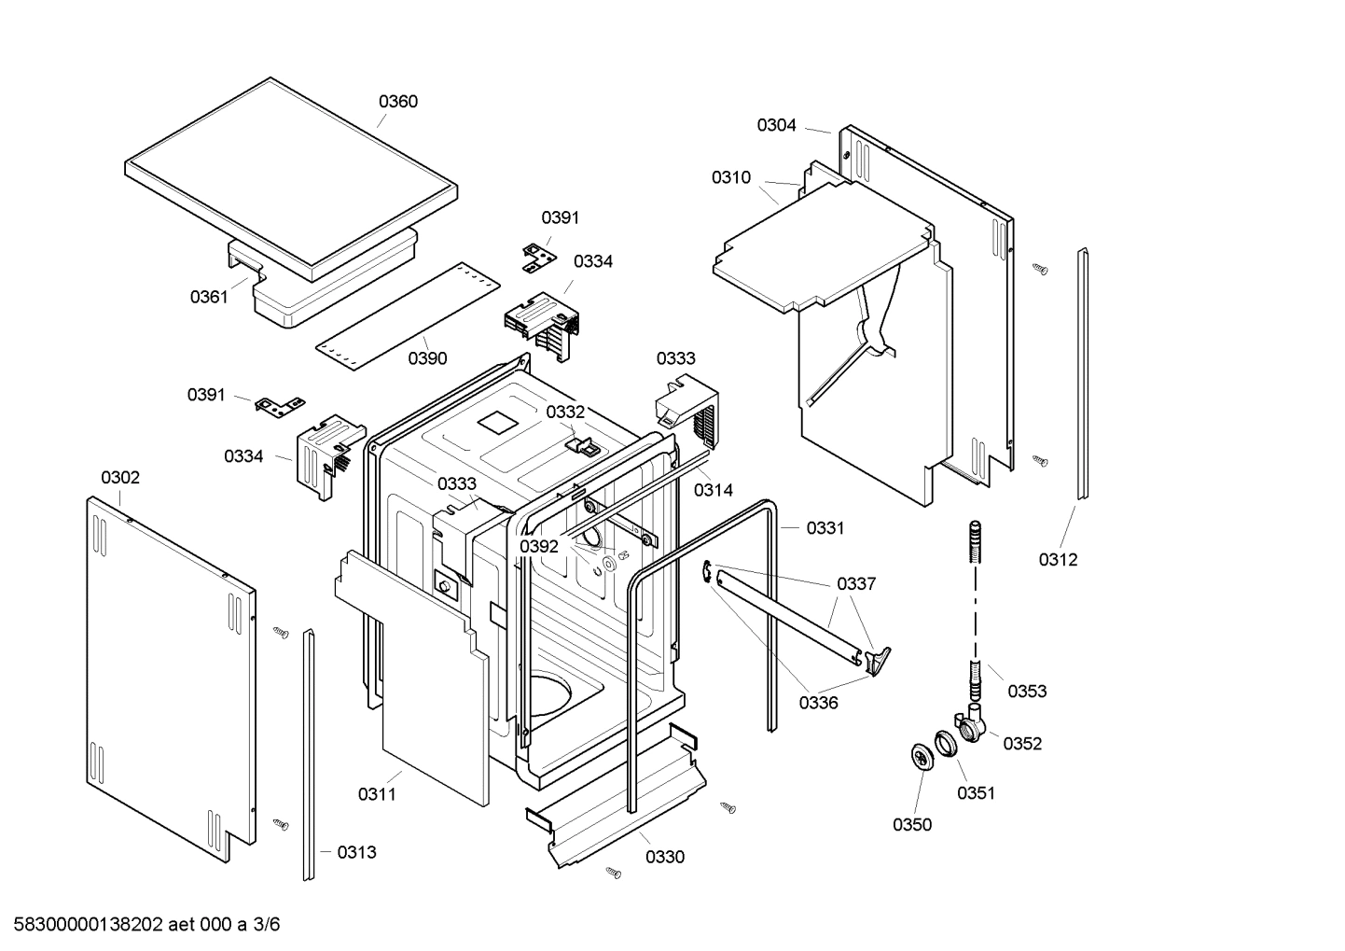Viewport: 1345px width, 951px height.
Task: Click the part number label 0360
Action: tap(397, 102)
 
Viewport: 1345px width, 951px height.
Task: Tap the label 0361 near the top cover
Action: tap(209, 297)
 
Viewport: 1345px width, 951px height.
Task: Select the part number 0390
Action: tap(427, 358)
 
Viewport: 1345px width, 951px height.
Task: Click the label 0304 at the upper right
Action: tap(776, 125)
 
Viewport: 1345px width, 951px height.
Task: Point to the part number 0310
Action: tap(730, 177)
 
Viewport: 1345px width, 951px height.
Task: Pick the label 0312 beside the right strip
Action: tap(1058, 560)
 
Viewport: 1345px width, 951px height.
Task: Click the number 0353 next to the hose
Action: tap(1027, 692)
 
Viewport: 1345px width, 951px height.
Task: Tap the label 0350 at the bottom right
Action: tap(911, 825)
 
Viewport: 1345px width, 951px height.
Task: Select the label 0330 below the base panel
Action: tap(664, 858)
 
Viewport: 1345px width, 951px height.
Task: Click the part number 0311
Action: tap(377, 794)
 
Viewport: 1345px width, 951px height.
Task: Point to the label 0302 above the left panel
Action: tap(120, 478)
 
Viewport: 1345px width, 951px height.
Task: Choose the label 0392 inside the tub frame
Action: tap(539, 547)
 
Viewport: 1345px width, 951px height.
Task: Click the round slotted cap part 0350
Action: tap(922, 756)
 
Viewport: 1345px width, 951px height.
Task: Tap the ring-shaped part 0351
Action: tap(948, 745)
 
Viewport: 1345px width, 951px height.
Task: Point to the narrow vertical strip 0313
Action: tap(308, 756)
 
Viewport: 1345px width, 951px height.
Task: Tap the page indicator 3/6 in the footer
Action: tap(266, 925)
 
